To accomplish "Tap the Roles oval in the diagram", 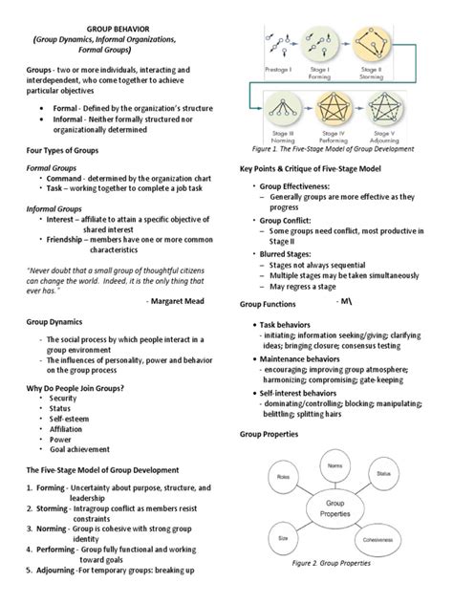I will click(x=283, y=475).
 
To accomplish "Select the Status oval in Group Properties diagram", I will click(x=383, y=474).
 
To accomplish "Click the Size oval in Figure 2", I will click(x=284, y=538).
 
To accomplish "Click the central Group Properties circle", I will click(x=334, y=507).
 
